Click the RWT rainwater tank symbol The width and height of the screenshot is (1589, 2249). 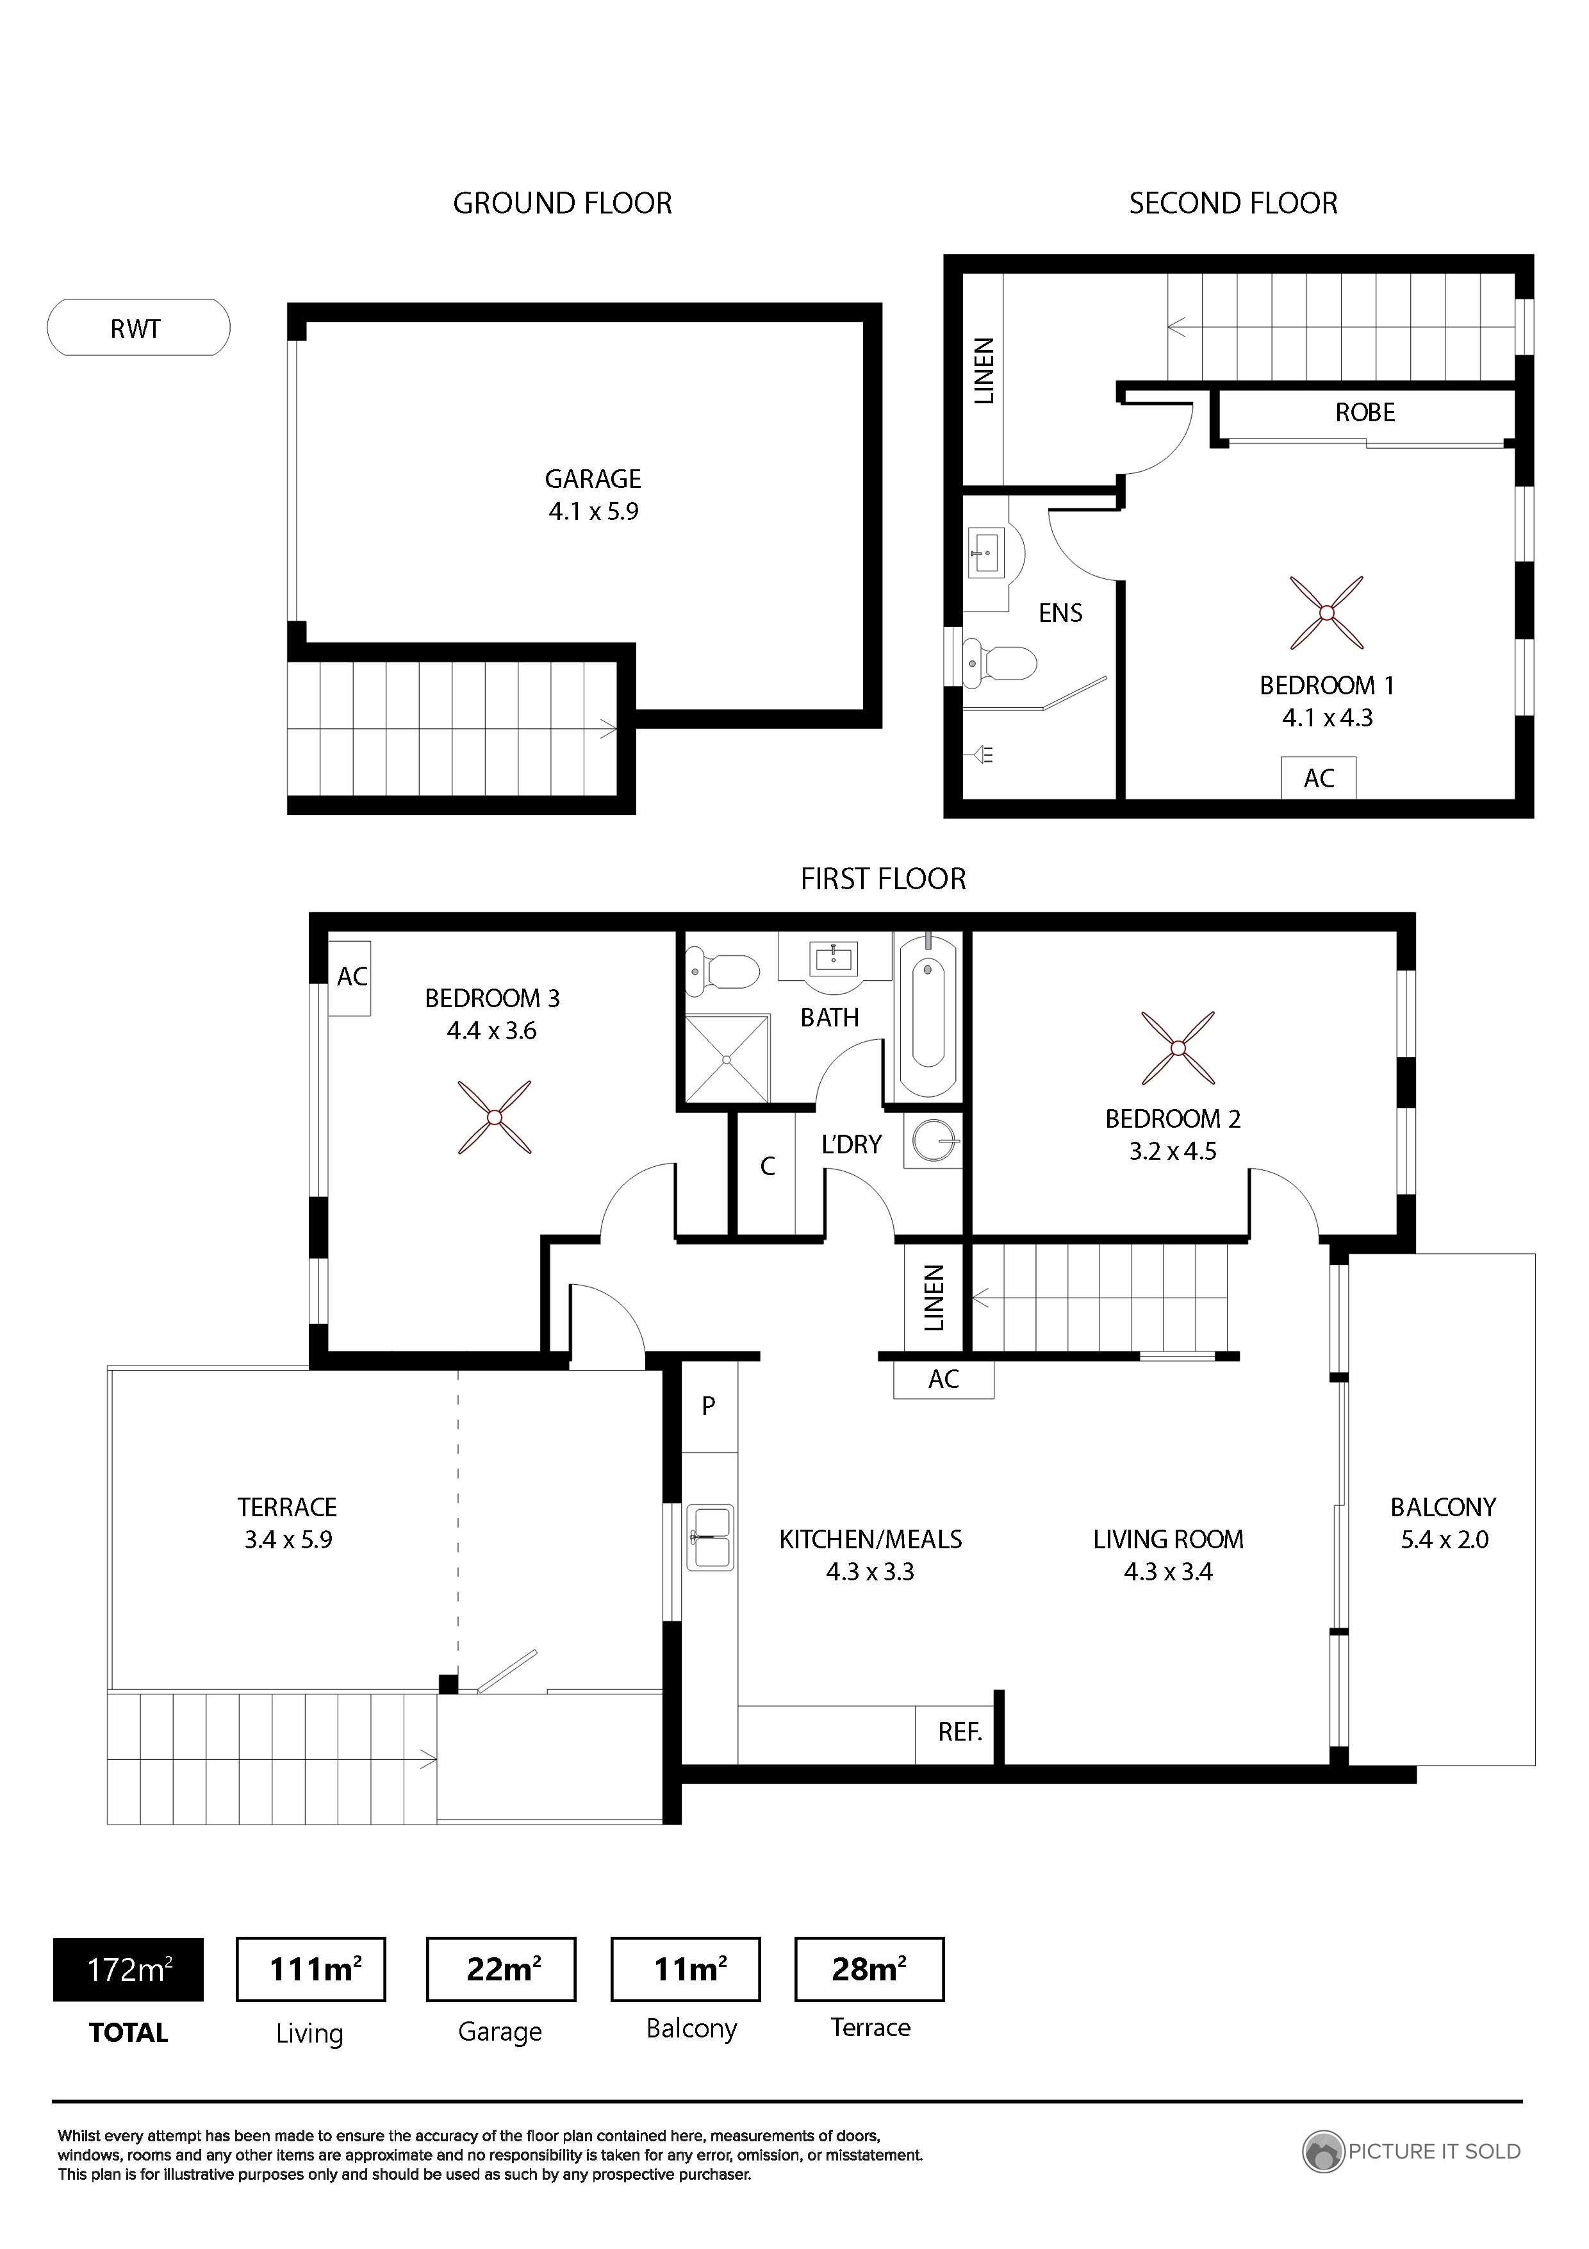click(138, 327)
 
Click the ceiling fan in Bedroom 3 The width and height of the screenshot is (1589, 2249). click(495, 1117)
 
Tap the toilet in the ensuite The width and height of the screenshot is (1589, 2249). click(999, 662)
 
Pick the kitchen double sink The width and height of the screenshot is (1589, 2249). click(711, 1538)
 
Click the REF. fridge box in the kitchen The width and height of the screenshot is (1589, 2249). click(959, 1732)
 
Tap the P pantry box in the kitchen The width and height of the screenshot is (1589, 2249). click(709, 1405)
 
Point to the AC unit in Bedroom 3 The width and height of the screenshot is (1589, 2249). click(350, 976)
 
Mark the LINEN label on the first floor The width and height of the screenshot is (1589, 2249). click(934, 1298)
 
